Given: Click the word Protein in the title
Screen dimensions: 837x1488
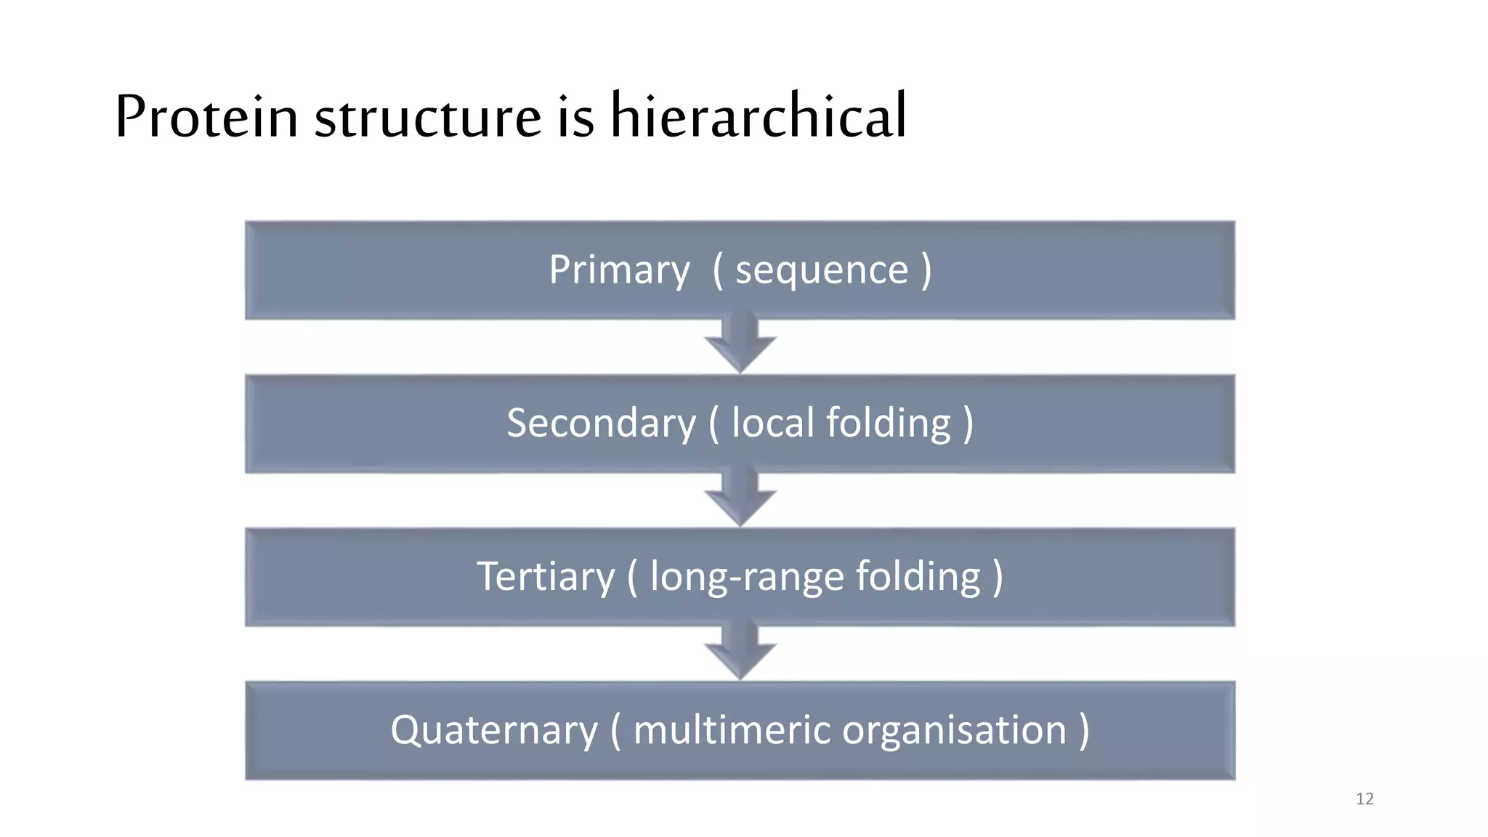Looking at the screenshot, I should (206, 116).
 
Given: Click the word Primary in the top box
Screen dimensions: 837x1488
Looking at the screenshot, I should (619, 271).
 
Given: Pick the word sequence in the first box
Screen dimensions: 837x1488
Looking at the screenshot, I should (822, 271).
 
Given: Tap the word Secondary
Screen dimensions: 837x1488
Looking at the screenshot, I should (601, 424).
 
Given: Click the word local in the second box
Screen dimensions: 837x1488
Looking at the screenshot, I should (772, 423).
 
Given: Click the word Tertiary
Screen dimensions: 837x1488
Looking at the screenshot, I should (546, 578).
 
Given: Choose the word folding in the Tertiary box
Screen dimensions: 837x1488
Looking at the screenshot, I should (918, 578).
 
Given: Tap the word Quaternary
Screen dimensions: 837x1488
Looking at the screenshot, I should (494, 731).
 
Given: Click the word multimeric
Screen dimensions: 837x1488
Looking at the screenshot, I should (732, 730).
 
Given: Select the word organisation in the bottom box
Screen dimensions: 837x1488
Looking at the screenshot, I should (954, 731).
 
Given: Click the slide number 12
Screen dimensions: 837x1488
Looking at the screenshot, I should (1364, 799).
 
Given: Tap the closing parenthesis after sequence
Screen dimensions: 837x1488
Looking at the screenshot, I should (926, 271).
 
